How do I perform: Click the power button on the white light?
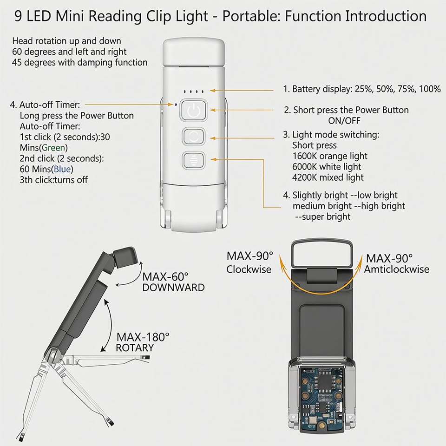coord(193,110)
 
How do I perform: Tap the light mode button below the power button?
coord(193,136)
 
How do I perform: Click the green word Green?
coord(53,148)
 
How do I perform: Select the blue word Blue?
coord(62,169)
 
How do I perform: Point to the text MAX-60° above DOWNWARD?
coord(165,276)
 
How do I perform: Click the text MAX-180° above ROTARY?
coord(143,337)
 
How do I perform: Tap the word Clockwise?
coord(249,269)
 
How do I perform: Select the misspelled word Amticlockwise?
coord(397,269)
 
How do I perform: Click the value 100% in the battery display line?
coord(430,89)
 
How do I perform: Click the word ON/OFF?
coord(344,121)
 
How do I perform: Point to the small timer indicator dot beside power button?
coord(176,105)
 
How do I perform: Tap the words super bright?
coord(326,217)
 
